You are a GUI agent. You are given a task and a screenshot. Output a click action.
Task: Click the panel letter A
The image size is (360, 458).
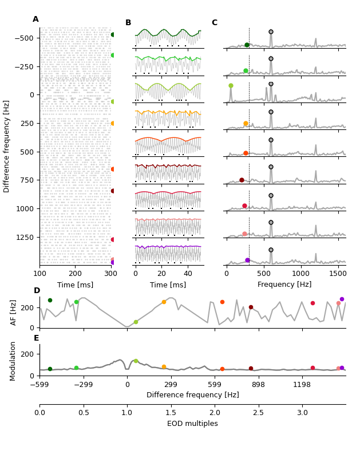35,19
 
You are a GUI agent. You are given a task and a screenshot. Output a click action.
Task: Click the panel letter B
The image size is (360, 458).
128,23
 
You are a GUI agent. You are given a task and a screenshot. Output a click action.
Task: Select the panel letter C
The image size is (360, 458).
215,23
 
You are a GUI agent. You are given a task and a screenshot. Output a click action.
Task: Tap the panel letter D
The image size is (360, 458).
37,291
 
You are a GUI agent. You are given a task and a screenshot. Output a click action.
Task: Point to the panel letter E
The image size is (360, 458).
37,338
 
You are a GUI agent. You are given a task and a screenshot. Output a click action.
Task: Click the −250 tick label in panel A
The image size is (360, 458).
23,66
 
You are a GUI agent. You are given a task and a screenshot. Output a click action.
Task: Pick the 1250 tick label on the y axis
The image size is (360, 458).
24,237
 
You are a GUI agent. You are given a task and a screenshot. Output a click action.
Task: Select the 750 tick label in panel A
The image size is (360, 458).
26,180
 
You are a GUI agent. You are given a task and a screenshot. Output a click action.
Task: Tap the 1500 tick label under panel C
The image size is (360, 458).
338,274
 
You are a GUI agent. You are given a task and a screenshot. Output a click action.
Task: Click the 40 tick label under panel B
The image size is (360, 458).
188,274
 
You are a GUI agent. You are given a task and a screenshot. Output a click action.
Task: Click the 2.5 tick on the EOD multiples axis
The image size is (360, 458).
258,413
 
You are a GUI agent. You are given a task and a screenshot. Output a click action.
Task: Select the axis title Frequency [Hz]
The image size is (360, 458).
284,285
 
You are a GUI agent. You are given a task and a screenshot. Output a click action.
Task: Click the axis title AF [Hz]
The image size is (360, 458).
14,312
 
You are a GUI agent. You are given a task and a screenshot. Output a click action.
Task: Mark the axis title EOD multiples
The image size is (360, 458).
192,424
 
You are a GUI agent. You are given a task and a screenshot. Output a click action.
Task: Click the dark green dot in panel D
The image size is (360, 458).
50,300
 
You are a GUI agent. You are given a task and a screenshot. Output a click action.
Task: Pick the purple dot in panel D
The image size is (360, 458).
342,299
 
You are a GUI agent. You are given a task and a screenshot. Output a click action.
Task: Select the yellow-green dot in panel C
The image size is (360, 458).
231,86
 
